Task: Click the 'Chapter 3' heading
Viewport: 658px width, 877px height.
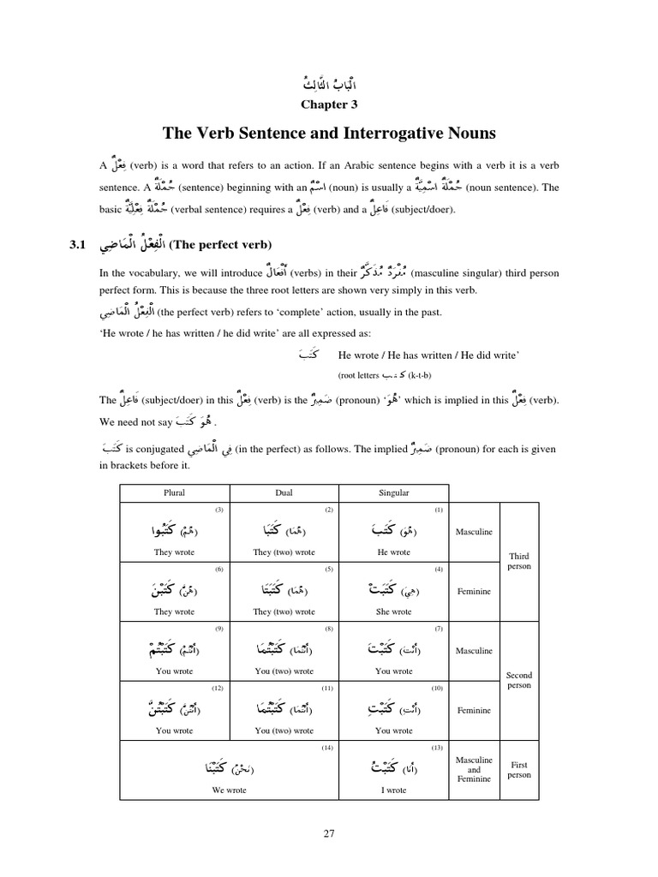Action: point(328,104)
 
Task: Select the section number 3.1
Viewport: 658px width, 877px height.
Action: point(78,246)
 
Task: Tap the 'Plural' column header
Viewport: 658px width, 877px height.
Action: point(174,492)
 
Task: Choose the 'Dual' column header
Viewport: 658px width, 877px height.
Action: point(284,492)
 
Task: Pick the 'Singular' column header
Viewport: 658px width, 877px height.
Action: point(393,492)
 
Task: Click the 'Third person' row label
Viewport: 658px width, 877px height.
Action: point(518,561)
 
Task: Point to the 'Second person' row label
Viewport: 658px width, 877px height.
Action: point(518,680)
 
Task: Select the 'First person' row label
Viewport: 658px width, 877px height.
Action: point(518,769)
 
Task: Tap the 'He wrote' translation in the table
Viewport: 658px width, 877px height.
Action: point(393,552)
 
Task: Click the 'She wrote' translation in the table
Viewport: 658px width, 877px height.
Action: point(393,612)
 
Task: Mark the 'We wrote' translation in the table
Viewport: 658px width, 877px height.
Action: point(229,790)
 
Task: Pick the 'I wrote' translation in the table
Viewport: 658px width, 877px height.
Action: point(393,790)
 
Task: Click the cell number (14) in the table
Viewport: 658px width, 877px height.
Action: point(326,748)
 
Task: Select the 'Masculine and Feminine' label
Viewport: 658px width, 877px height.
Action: point(474,769)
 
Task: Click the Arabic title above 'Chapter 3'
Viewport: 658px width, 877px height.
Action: point(328,84)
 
